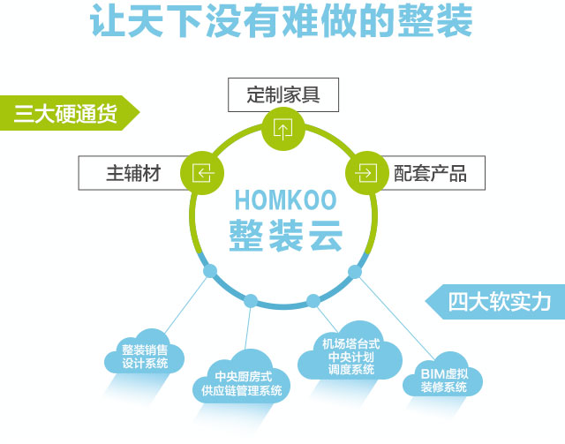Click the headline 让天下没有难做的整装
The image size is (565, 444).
(x=282, y=22)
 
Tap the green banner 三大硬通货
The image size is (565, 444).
(x=67, y=113)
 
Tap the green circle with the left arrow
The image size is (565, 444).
(x=202, y=171)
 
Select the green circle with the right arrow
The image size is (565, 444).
(x=363, y=171)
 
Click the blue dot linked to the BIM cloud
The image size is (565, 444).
(x=355, y=270)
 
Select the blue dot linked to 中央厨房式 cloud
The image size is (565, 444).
(x=251, y=301)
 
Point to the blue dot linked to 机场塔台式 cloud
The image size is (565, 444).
(x=313, y=301)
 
